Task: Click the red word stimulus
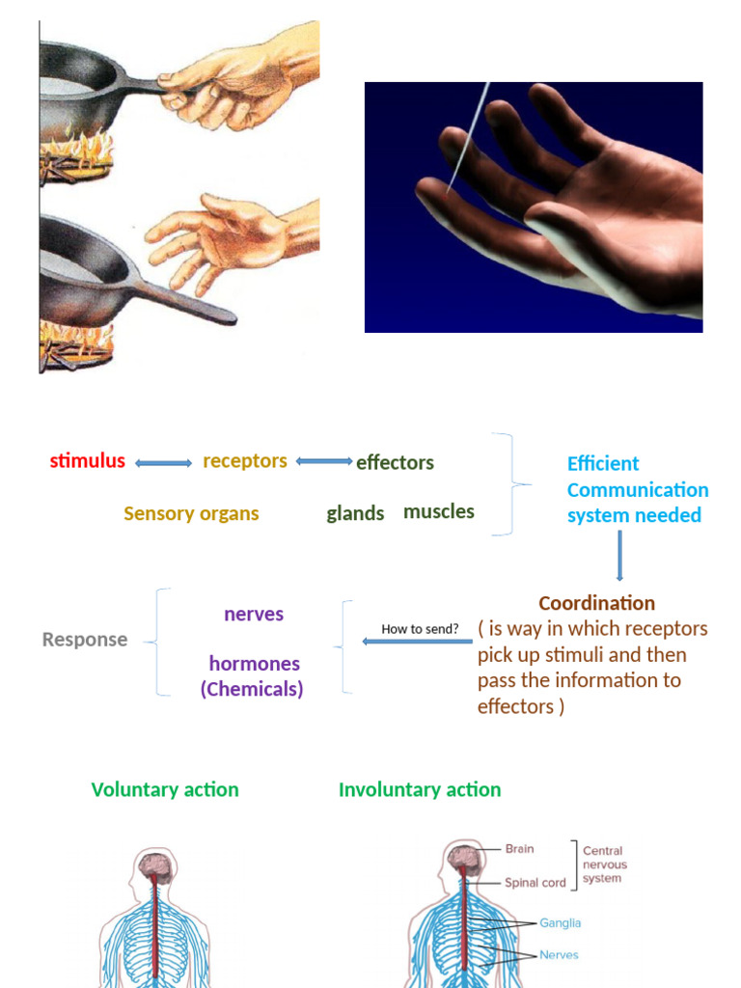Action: [x=87, y=461]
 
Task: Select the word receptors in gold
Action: [x=245, y=461]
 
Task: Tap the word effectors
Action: [x=395, y=463]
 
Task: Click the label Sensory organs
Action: [x=191, y=513]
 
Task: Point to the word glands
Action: [x=355, y=513]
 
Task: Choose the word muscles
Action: [x=439, y=511]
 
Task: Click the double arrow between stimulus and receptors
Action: [x=164, y=463]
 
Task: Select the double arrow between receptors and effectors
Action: [x=324, y=461]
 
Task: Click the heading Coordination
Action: [x=596, y=603]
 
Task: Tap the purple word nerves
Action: [x=254, y=615]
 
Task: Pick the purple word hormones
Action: [x=254, y=664]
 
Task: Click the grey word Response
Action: [x=85, y=640]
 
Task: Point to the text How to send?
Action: [x=420, y=629]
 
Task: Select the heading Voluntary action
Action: [x=165, y=789]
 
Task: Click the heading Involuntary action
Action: [x=420, y=789]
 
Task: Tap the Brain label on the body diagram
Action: [x=519, y=849]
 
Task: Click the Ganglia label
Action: [x=560, y=923]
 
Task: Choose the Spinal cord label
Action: [x=535, y=883]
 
